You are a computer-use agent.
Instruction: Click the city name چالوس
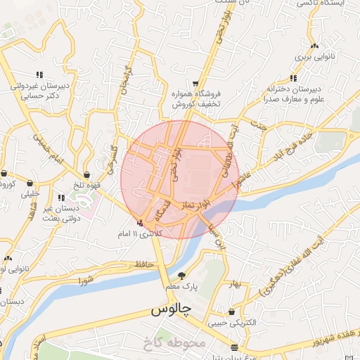point(170,309)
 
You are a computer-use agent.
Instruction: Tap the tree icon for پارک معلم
point(182,276)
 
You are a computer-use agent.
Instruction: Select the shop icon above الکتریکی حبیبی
point(231,311)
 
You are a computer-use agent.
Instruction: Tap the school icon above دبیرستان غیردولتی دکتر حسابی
point(39,75)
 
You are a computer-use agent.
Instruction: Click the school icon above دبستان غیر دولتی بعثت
point(61,198)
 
